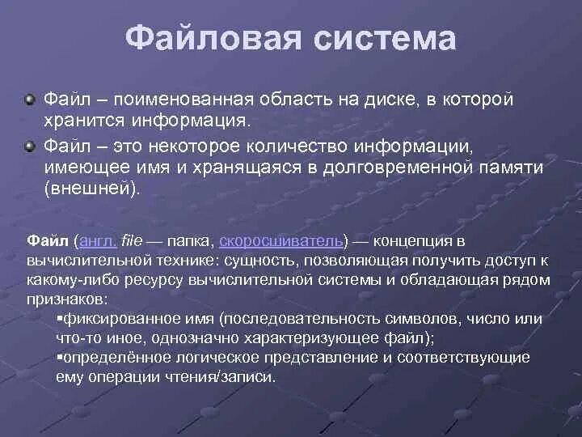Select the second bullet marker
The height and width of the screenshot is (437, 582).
(x=30, y=146)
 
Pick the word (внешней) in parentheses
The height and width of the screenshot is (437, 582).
(x=92, y=189)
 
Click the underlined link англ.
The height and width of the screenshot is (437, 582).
(x=99, y=241)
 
